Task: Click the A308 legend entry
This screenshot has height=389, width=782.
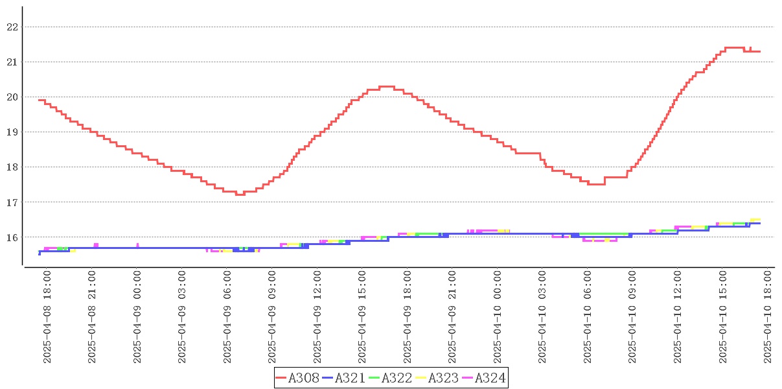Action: tap(297, 378)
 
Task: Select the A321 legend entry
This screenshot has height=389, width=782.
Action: tap(344, 378)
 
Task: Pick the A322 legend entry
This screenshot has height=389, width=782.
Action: tap(391, 378)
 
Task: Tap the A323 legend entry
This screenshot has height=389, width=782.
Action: tap(437, 378)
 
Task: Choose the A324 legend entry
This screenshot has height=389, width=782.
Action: tap(484, 378)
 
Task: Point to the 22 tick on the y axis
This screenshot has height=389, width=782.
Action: tap(12, 27)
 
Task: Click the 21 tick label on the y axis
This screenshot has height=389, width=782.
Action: tap(12, 62)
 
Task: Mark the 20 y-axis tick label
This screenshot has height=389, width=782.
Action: tap(12, 97)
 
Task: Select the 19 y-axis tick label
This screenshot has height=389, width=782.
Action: tap(12, 132)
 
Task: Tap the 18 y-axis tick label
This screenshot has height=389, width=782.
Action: tap(12, 167)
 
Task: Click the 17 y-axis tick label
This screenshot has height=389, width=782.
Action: tap(12, 202)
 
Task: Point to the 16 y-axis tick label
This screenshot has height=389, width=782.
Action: tap(12, 237)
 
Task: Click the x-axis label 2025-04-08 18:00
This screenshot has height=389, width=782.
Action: tap(47, 317)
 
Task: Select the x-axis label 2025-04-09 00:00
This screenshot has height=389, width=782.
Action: tap(137, 317)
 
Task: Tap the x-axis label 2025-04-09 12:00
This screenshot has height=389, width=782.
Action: tap(317, 317)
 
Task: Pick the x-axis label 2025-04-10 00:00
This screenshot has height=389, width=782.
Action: tap(498, 317)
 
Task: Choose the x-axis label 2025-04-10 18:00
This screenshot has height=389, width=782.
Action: tap(768, 317)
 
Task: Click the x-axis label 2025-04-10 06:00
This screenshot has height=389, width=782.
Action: tap(588, 317)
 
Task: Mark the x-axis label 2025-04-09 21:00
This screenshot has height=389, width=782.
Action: tap(453, 317)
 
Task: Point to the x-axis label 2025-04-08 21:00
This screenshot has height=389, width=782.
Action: tap(92, 317)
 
